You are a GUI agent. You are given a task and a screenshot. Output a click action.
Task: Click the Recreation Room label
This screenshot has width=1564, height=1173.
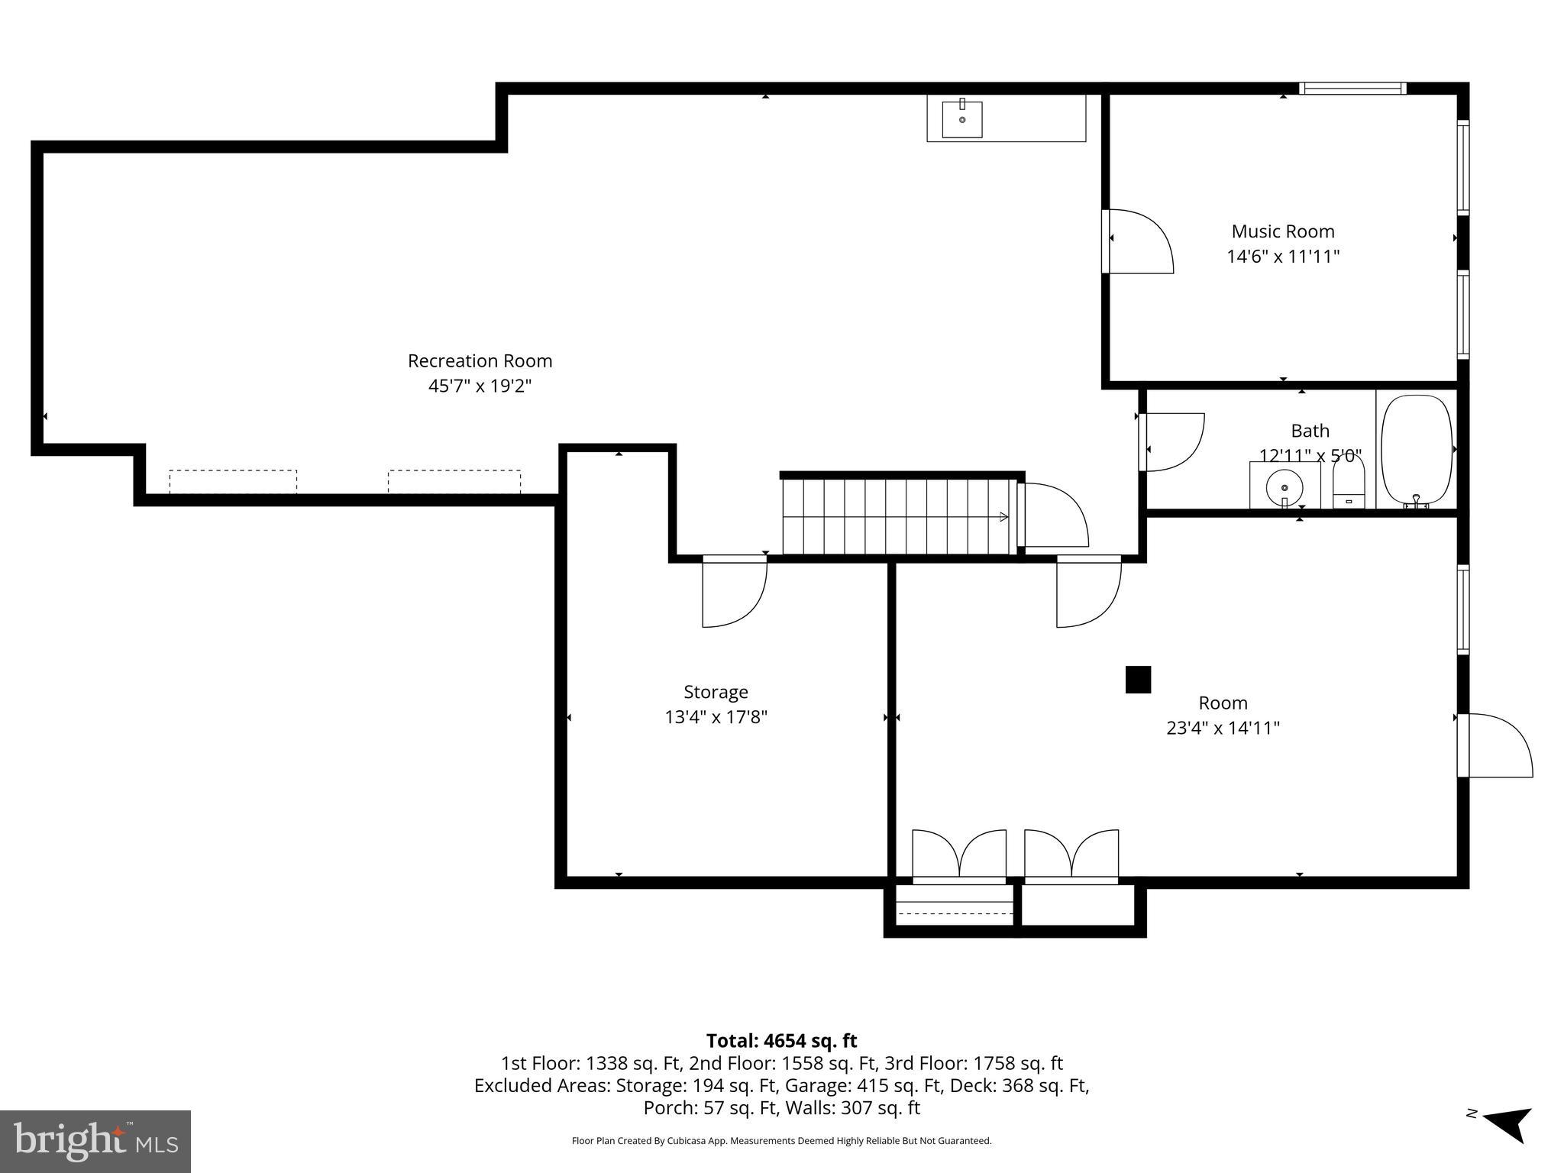480,360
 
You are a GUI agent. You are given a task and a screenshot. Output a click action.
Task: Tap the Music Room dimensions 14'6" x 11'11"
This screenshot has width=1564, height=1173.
1283,257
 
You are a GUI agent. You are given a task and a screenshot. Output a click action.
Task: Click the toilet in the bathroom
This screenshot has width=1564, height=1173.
1349,484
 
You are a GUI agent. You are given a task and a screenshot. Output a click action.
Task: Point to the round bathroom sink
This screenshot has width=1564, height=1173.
1284,486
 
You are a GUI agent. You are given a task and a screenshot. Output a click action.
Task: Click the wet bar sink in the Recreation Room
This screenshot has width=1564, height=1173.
962,119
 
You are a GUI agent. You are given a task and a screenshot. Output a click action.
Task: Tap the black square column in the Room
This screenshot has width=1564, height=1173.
1138,679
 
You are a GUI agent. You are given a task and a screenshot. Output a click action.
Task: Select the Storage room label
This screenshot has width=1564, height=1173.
716,692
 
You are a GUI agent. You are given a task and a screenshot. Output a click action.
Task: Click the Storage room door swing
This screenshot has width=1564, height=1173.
732,593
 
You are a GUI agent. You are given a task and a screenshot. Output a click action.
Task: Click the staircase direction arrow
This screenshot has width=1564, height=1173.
1003,517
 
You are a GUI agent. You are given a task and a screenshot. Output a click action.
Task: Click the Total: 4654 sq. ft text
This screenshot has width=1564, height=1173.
781,1041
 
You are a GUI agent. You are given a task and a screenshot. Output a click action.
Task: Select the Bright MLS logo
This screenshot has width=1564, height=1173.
95,1141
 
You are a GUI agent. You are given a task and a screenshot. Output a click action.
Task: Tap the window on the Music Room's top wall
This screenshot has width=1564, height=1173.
1352,89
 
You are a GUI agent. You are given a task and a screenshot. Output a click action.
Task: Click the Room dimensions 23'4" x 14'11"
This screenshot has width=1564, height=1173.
1223,728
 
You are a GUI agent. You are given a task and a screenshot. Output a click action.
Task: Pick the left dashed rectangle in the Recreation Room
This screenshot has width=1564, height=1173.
233,482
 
